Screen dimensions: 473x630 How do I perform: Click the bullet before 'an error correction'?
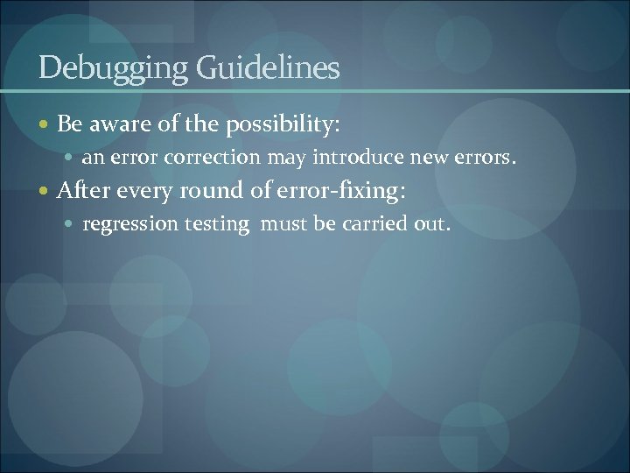coord(69,159)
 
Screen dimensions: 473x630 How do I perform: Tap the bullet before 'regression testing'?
coord(69,224)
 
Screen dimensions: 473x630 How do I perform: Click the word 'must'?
coord(285,224)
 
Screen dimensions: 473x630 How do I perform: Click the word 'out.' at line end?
coord(432,224)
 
